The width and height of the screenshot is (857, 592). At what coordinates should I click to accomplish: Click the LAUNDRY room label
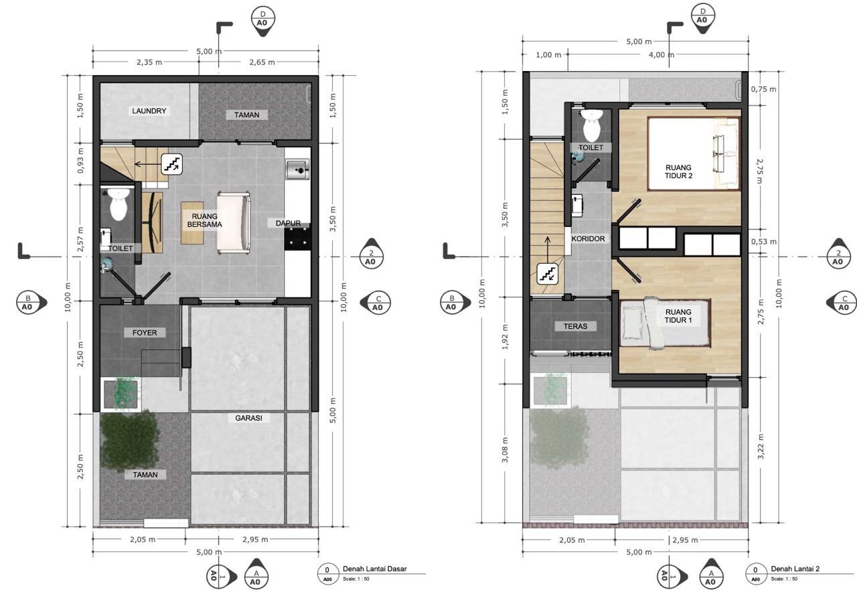point(149,111)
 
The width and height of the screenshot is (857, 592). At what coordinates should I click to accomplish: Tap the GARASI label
point(248,418)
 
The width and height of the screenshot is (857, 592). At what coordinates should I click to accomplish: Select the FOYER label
point(145,333)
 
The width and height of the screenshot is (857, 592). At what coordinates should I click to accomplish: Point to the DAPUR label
point(288,223)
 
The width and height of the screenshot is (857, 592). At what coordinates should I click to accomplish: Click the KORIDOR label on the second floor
point(588,239)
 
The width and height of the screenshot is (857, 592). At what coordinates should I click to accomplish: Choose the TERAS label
point(575,326)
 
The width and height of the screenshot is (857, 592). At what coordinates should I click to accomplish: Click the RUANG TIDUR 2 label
point(678,171)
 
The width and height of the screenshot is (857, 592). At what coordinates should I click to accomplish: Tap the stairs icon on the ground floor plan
point(171,164)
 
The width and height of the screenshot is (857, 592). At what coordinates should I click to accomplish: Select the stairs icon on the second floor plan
point(548,274)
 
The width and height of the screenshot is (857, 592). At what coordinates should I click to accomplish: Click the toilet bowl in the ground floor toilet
point(119,204)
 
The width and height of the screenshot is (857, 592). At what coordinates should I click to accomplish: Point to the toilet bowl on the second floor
point(591,125)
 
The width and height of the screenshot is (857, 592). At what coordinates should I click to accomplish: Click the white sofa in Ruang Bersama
point(234,223)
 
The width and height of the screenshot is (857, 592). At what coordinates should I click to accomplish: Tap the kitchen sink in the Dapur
point(298,169)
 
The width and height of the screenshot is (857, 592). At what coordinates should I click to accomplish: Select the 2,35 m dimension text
point(149,62)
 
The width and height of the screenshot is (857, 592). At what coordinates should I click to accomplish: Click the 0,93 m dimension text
point(80,160)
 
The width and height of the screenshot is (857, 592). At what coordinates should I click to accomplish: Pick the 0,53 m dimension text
point(764,242)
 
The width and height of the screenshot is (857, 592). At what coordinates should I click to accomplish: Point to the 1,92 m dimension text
point(505,337)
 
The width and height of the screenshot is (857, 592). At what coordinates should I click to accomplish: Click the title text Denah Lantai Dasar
point(374,569)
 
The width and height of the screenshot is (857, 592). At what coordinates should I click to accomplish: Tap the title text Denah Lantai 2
point(795,569)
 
